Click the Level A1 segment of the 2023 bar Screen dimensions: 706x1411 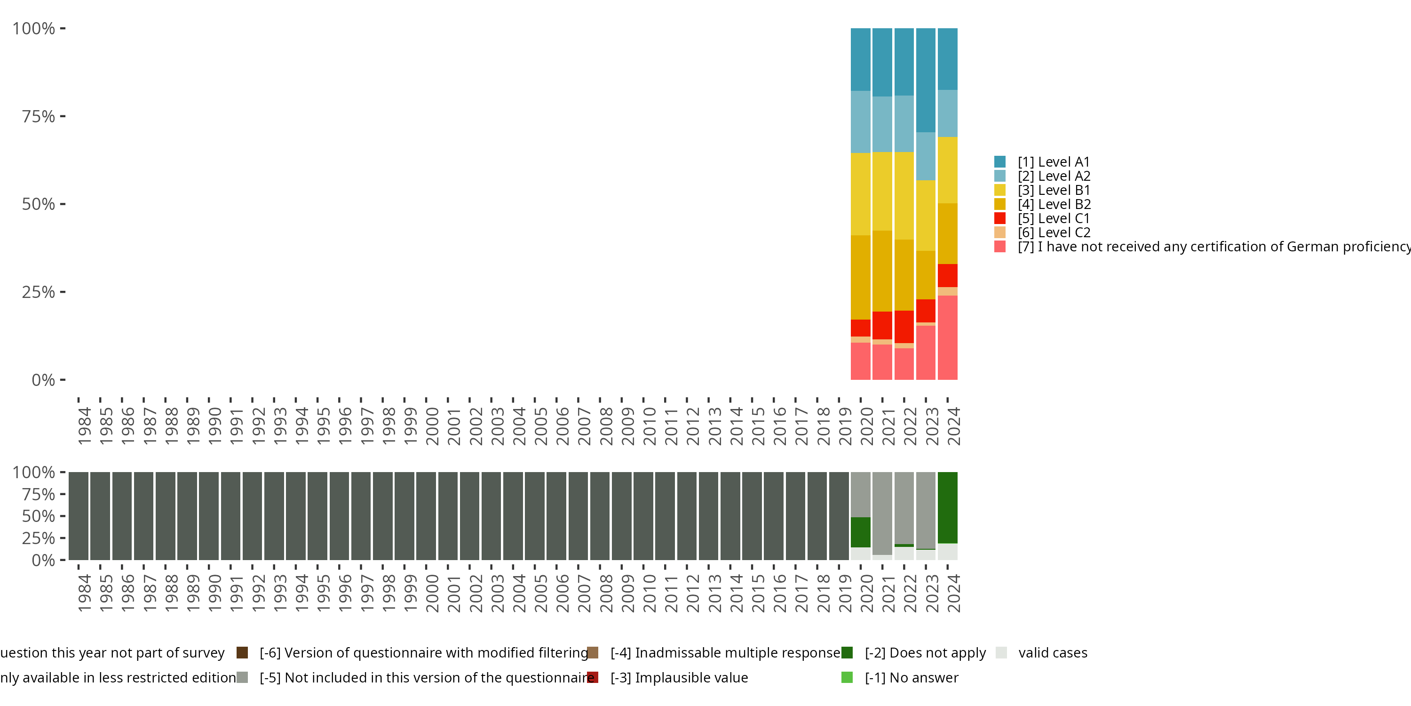tap(926, 80)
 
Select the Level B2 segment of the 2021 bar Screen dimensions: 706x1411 tap(882, 271)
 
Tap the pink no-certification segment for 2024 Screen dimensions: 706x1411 tap(948, 337)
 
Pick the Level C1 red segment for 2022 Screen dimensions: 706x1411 tap(904, 327)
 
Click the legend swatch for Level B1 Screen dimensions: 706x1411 tap(999, 190)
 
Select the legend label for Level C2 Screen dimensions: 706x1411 tap(1054, 233)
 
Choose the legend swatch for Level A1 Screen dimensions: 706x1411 tap(999, 162)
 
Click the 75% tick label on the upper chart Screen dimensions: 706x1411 tap(39, 116)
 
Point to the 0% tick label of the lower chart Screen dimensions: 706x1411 tap(43, 560)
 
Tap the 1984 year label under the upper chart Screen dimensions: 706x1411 tap(84, 426)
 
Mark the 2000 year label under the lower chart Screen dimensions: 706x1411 tap(432, 593)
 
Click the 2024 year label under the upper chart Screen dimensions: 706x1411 tap(954, 426)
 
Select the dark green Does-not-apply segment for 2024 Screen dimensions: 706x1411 tap(948, 507)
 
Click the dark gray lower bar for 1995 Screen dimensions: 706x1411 tap(317, 516)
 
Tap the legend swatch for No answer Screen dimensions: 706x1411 tap(847, 677)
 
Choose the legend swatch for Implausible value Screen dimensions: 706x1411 tap(593, 677)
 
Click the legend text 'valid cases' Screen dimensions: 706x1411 tap(1053, 653)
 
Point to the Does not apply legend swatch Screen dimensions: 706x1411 tap(847, 653)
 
